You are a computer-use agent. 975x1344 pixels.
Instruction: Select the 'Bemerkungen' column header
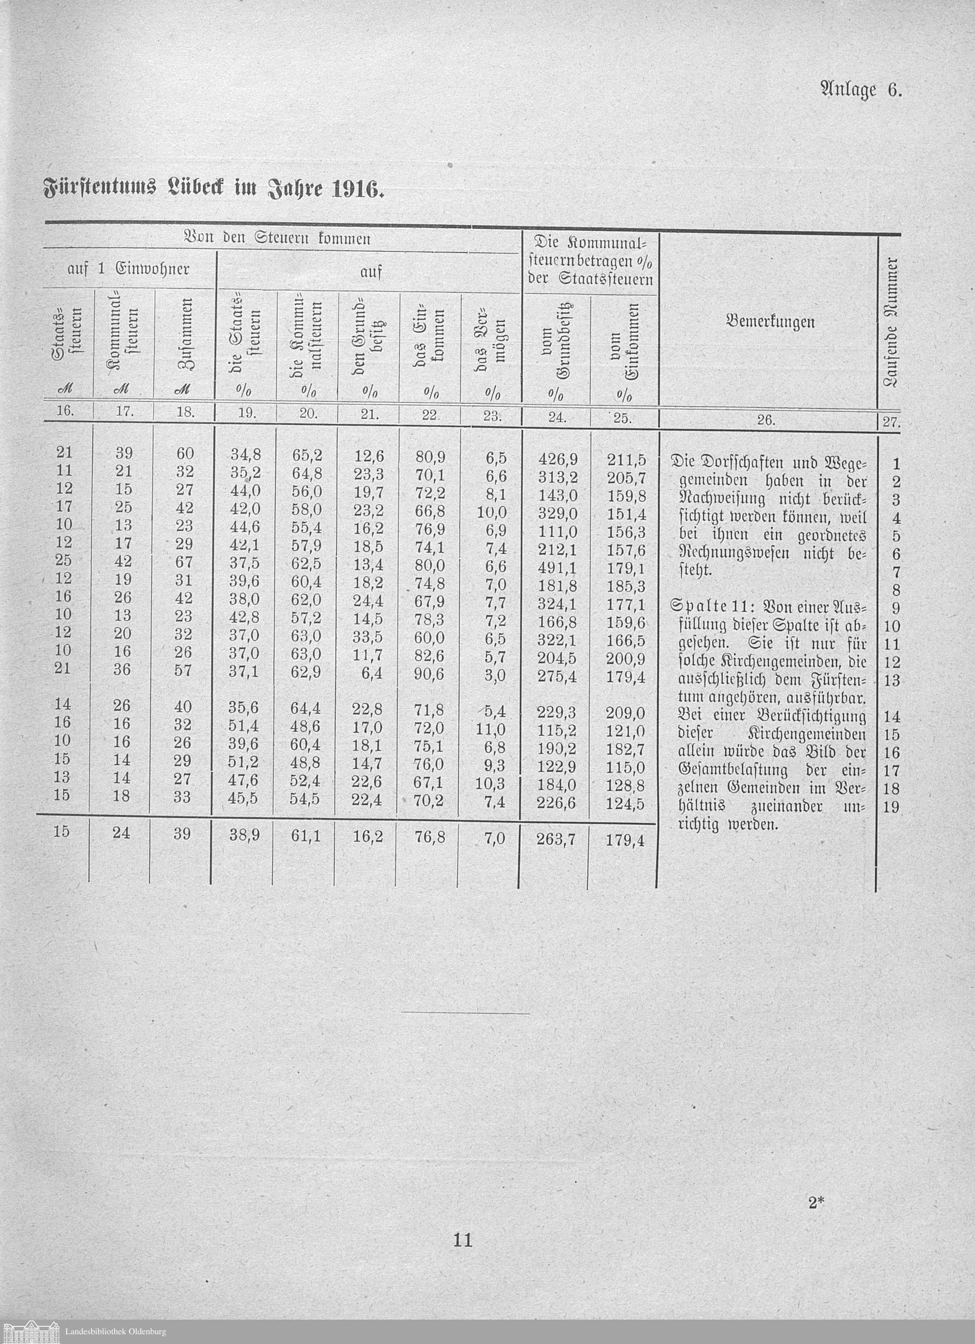[770, 322]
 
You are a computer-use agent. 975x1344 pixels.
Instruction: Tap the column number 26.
[765, 420]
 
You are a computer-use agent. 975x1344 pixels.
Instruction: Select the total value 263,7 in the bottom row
[557, 839]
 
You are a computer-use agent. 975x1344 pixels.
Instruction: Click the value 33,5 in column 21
[368, 639]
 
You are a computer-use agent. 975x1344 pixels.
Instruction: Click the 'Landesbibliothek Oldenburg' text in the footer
[116, 1331]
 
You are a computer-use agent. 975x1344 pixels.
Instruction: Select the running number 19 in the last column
[891, 806]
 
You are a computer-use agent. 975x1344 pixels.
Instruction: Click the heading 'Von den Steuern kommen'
[278, 239]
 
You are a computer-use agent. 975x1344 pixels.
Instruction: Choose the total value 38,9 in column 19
[244, 836]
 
